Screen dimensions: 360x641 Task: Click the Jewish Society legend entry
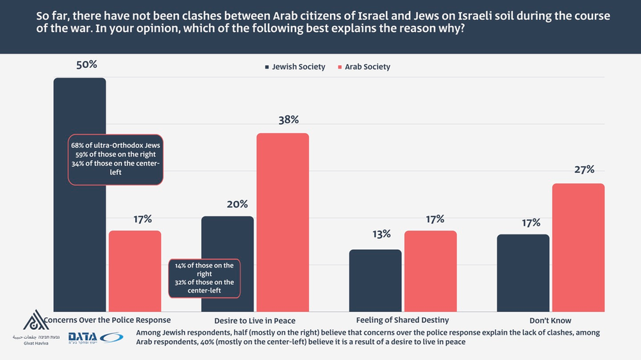[x=294, y=67]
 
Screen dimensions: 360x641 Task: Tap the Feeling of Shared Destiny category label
[x=402, y=320]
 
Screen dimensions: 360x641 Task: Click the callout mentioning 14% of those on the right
[x=204, y=278]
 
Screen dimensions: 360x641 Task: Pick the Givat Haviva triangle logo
[x=35, y=320]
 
